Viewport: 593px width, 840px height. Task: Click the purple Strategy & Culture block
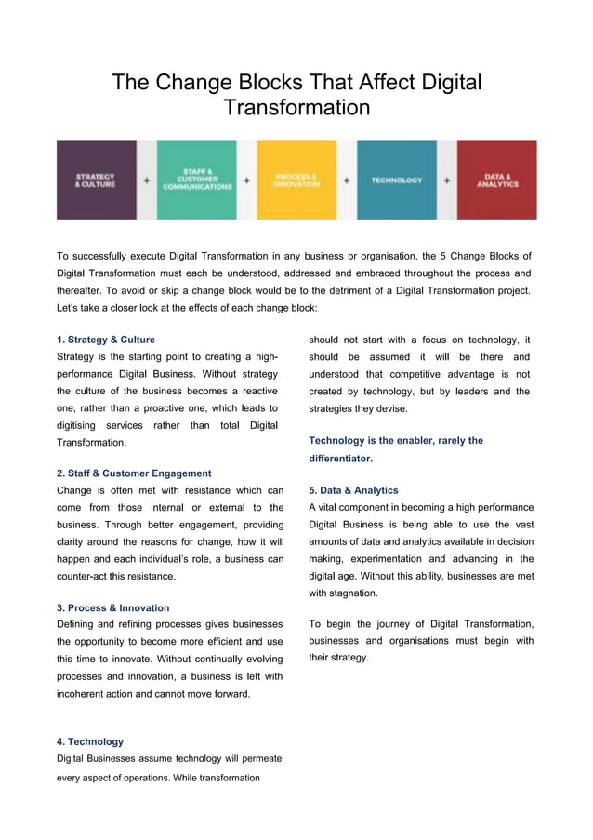96,180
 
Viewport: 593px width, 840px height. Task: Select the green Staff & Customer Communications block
196,180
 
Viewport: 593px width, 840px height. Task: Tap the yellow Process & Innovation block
296,180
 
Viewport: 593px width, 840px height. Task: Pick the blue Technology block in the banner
397,180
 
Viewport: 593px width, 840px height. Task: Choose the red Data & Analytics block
497,180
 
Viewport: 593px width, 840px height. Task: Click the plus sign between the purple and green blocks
147,180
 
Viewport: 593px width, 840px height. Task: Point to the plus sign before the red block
447,180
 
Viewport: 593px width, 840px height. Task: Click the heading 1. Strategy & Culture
106,340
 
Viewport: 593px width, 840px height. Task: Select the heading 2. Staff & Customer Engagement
134,473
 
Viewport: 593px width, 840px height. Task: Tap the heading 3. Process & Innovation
113,607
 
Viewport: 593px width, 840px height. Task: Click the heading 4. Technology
90,741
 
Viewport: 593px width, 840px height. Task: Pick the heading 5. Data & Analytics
353,490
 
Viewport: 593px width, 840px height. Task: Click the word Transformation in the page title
296,108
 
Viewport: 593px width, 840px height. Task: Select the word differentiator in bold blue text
340,459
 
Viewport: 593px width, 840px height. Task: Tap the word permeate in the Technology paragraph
259,758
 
